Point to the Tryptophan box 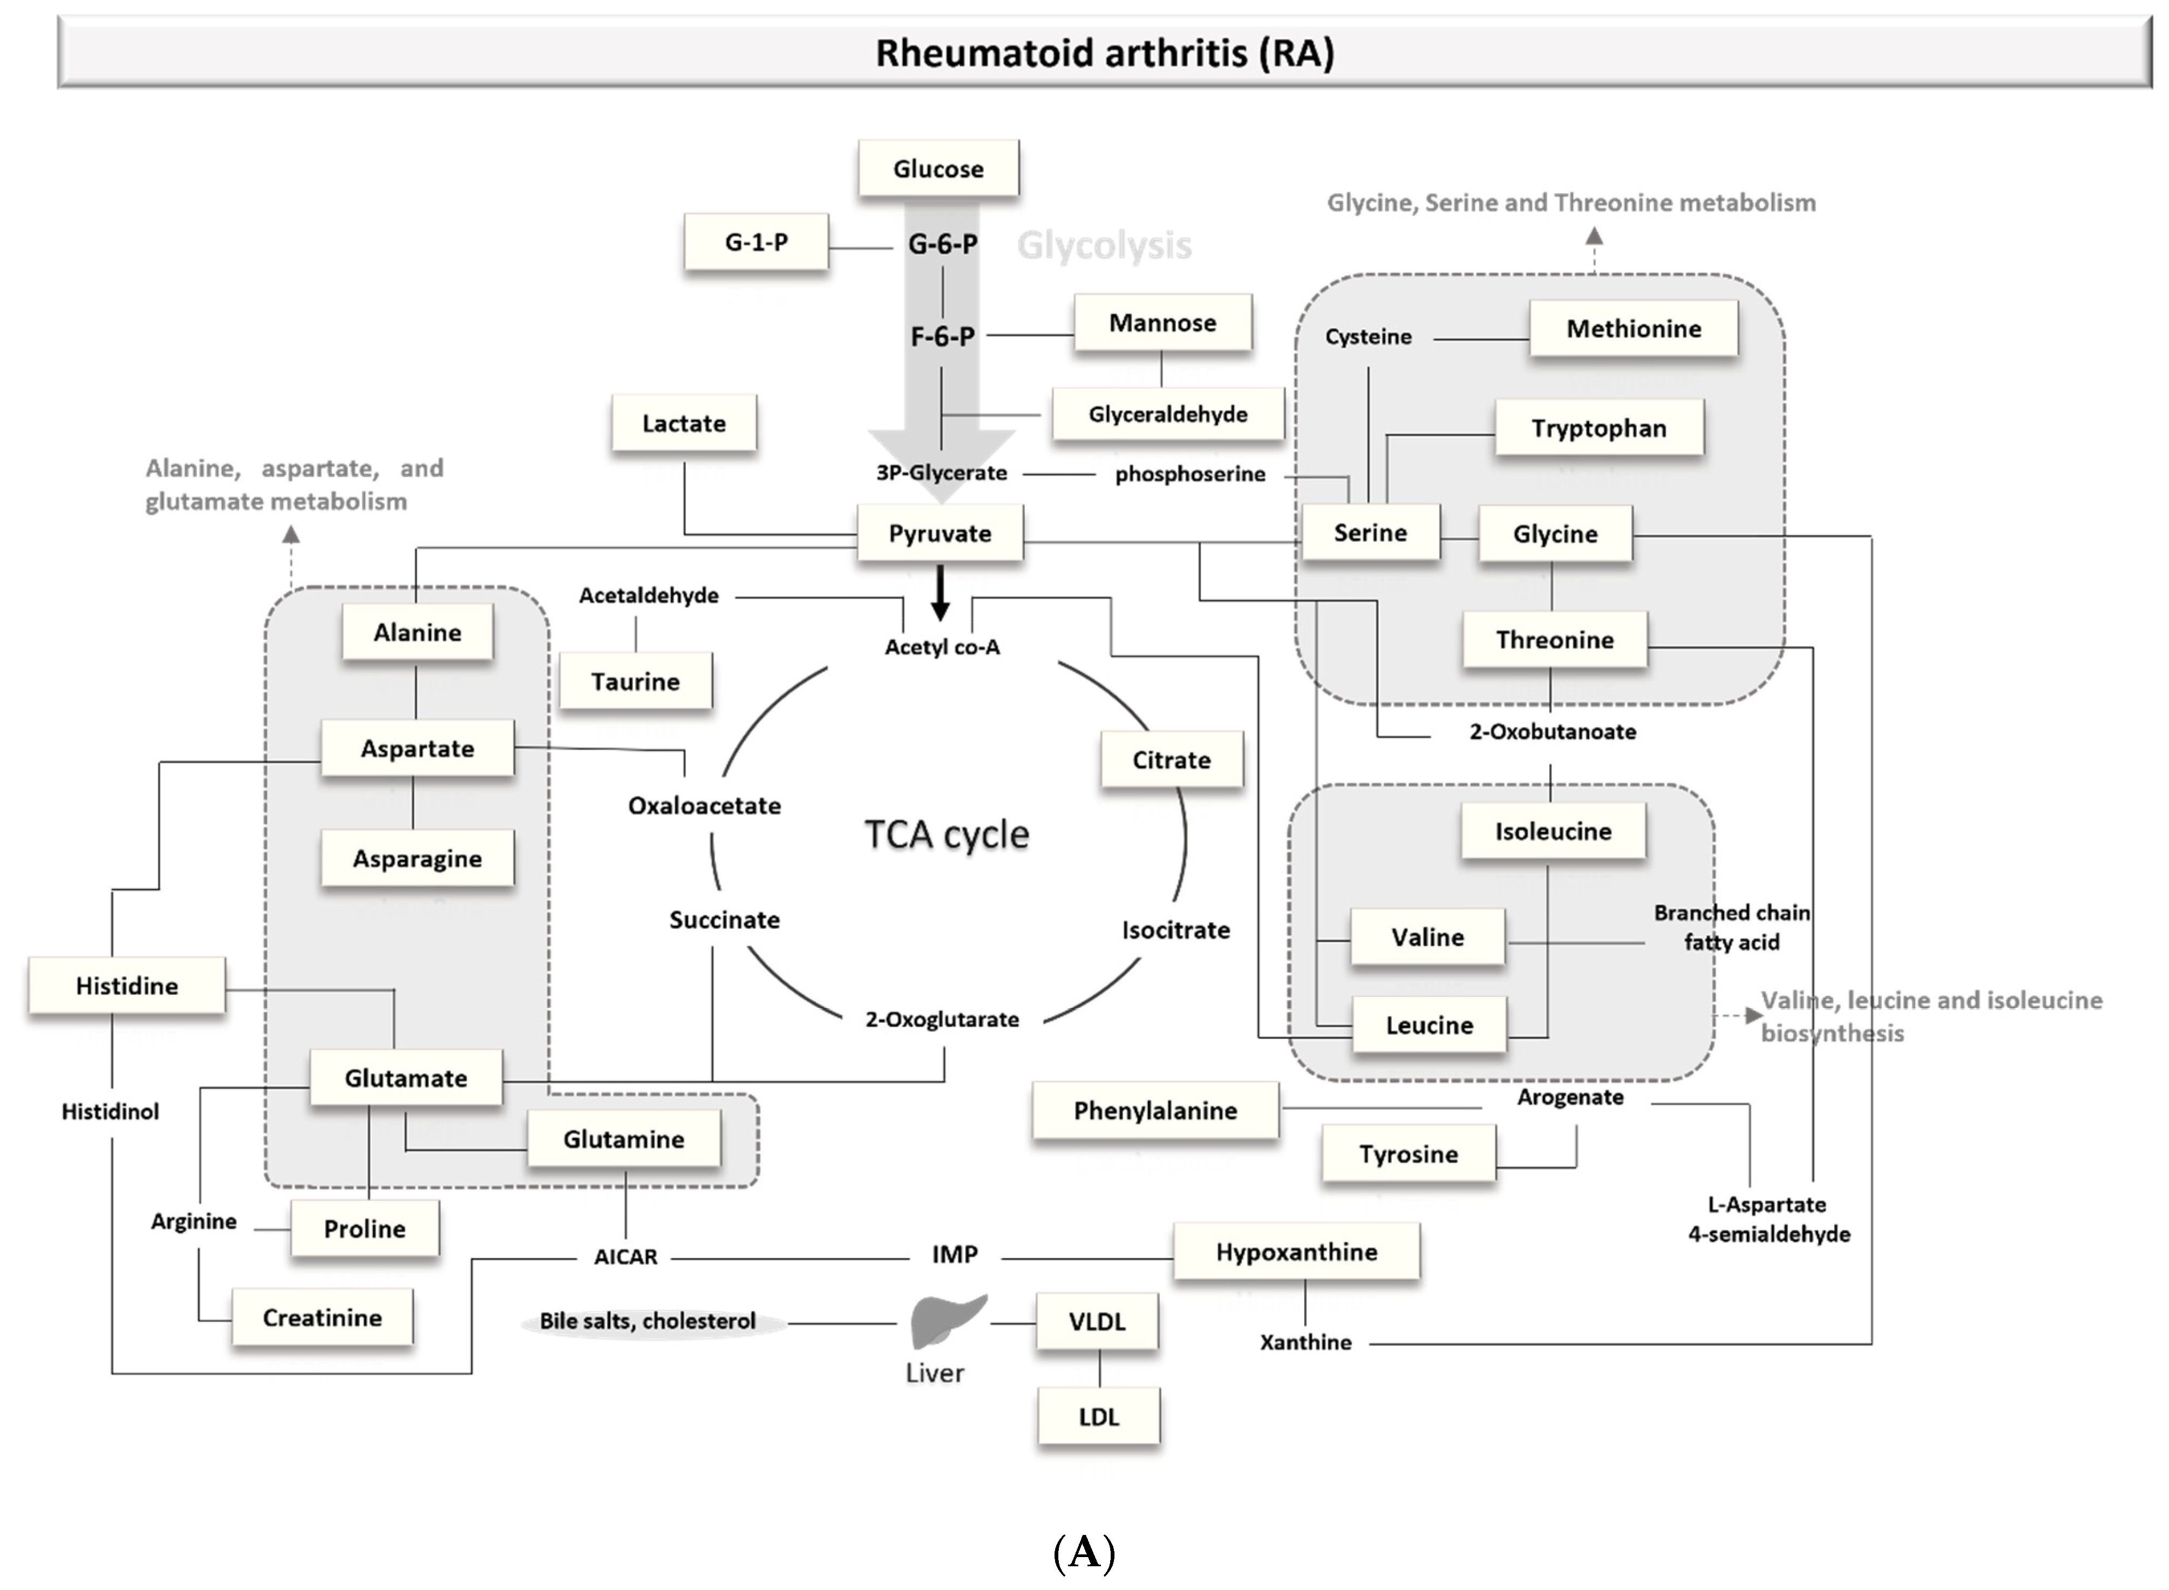click(x=1599, y=429)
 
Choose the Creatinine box click(x=322, y=1317)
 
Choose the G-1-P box click(x=756, y=242)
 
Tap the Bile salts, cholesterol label click(x=648, y=1321)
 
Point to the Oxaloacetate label click(x=704, y=806)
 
